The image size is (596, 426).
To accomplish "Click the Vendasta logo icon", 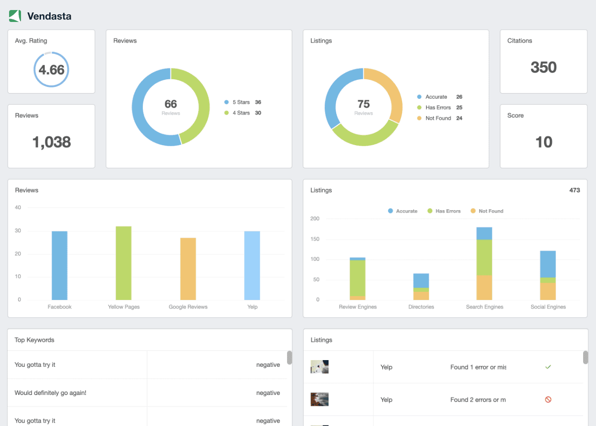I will (15, 16).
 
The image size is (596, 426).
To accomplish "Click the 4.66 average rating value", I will (51, 70).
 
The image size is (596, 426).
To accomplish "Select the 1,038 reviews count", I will (51, 142).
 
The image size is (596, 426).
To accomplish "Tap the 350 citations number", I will (543, 67).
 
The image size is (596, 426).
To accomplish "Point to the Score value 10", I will (543, 142).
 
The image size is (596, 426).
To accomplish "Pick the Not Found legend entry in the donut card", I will (437, 118).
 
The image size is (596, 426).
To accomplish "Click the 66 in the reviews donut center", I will (170, 104).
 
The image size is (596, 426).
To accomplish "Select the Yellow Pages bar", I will (124, 263).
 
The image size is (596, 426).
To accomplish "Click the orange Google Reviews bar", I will (188, 268).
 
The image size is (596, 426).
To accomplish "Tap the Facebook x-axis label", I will (60, 307).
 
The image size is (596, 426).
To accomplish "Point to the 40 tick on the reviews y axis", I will (18, 208).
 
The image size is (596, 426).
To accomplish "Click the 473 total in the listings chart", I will (575, 190).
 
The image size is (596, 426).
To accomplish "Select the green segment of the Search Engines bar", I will (484, 257).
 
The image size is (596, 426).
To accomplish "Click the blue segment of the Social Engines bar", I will (548, 264).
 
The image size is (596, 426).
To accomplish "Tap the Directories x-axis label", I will (421, 307).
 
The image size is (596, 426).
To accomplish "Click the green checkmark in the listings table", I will (548, 367).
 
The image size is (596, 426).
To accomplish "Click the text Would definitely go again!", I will (50, 393).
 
